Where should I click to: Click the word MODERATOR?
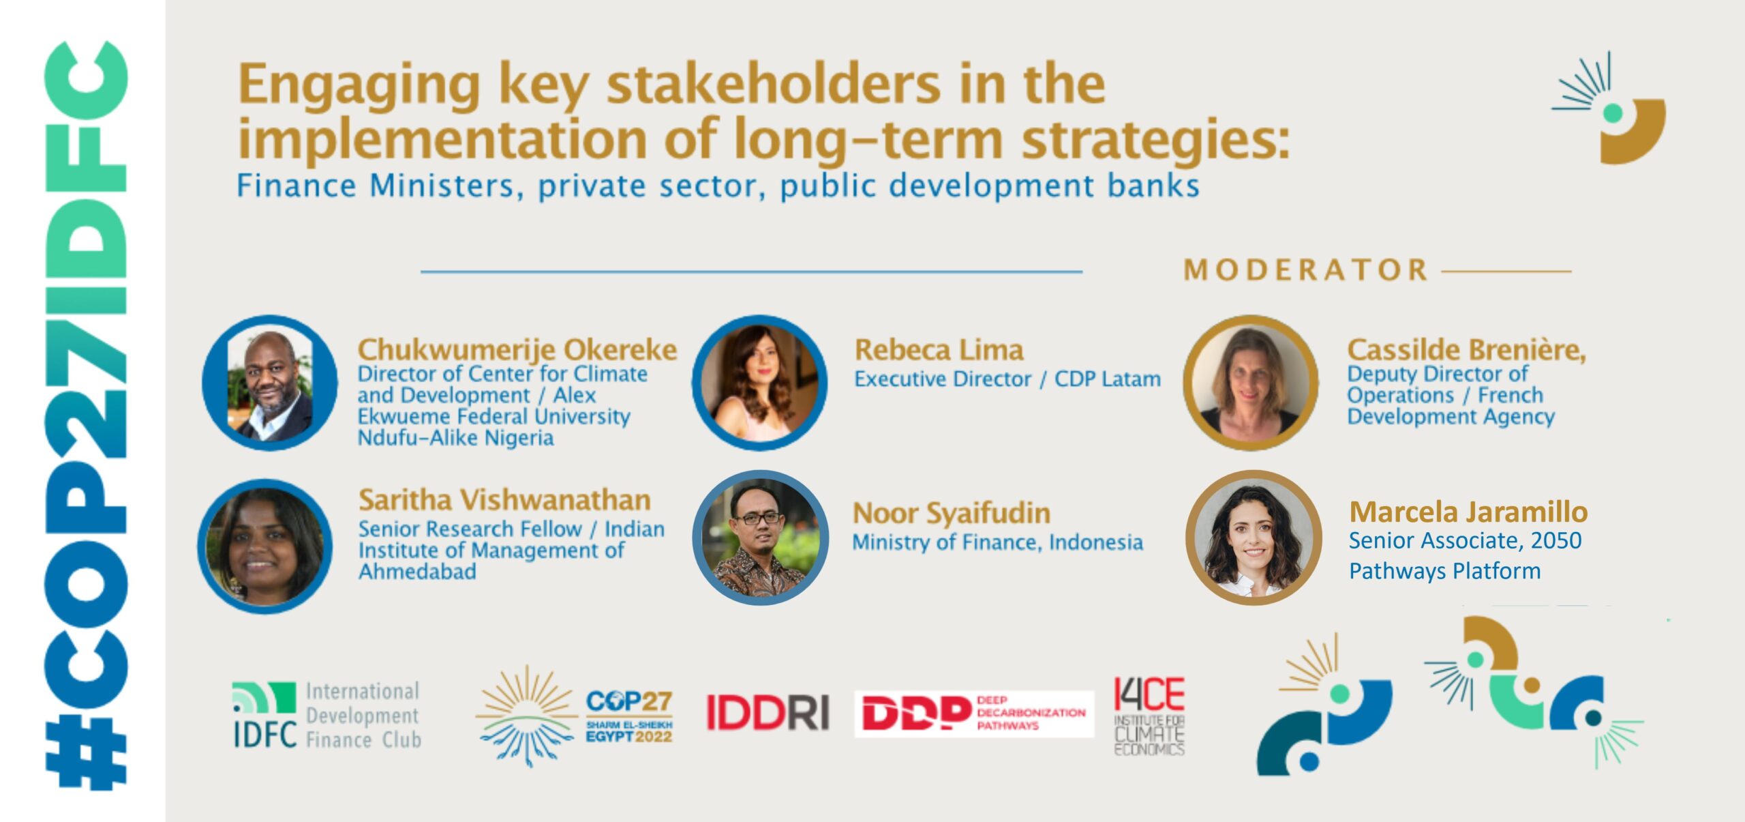pyautogui.click(x=1305, y=270)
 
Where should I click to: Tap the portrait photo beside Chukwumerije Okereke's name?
pyautogui.click(x=270, y=383)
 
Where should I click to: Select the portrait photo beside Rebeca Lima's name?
pyautogui.click(x=760, y=383)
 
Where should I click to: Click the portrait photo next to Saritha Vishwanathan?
pyautogui.click(x=265, y=546)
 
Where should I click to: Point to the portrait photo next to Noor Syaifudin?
pyautogui.click(x=761, y=538)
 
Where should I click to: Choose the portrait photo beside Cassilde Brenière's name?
pyautogui.click(x=1251, y=383)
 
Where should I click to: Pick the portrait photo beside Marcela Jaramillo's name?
pyautogui.click(x=1254, y=538)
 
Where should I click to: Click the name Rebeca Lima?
pyautogui.click(x=939, y=350)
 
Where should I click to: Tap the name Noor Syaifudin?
pyautogui.click(x=952, y=513)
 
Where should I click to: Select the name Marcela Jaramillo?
pyautogui.click(x=1468, y=512)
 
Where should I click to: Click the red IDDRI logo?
pyautogui.click(x=768, y=712)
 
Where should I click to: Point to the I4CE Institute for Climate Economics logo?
pyautogui.click(x=1149, y=716)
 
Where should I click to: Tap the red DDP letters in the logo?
pyautogui.click(x=916, y=713)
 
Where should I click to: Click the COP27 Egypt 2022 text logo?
pyautogui.click(x=629, y=716)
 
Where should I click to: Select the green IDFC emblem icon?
pyautogui.click(x=264, y=697)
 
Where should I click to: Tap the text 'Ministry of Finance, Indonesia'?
pyautogui.click(x=998, y=542)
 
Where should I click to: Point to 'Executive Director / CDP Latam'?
pyautogui.click(x=1007, y=379)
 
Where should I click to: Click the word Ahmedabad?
pyautogui.click(x=417, y=572)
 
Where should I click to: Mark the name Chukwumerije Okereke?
pyautogui.click(x=517, y=350)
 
